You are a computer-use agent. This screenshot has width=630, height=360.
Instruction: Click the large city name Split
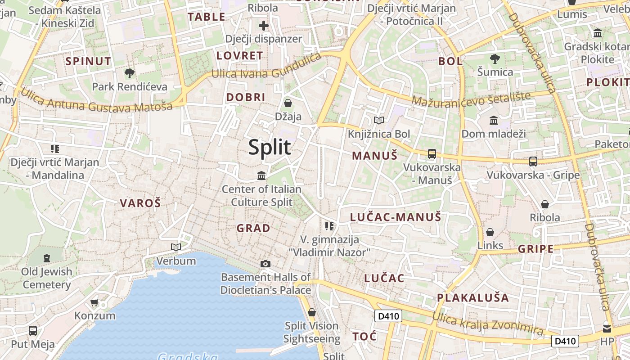point(270,147)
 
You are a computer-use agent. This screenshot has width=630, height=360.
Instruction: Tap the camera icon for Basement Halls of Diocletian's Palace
point(265,264)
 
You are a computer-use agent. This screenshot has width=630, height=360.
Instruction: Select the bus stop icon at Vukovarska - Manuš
point(432,154)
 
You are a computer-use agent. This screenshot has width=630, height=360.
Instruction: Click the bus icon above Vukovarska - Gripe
point(533,161)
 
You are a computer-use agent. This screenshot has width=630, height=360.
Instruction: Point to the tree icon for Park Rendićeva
point(130,73)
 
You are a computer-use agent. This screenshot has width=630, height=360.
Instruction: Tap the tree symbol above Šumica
point(495,58)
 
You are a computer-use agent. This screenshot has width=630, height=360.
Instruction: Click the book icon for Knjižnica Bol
point(379,120)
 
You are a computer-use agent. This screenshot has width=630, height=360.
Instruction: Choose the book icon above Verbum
point(176,247)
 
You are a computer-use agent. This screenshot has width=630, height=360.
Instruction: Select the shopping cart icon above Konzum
point(94,302)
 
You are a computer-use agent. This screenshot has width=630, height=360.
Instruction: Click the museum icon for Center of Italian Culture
point(261,175)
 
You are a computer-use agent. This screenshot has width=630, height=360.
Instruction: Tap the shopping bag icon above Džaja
point(288,103)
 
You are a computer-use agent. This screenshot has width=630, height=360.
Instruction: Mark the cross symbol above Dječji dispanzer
point(264,26)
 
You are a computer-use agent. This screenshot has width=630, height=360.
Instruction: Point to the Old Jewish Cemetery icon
point(47,258)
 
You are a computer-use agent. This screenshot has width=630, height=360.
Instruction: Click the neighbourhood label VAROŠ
point(140,203)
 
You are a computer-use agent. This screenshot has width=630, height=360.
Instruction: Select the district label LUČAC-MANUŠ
point(396,217)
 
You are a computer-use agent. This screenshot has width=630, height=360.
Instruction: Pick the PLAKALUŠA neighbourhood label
point(473,298)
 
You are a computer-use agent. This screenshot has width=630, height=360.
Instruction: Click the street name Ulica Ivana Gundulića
point(266,68)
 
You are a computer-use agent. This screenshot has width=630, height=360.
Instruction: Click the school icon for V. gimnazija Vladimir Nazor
point(329,226)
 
